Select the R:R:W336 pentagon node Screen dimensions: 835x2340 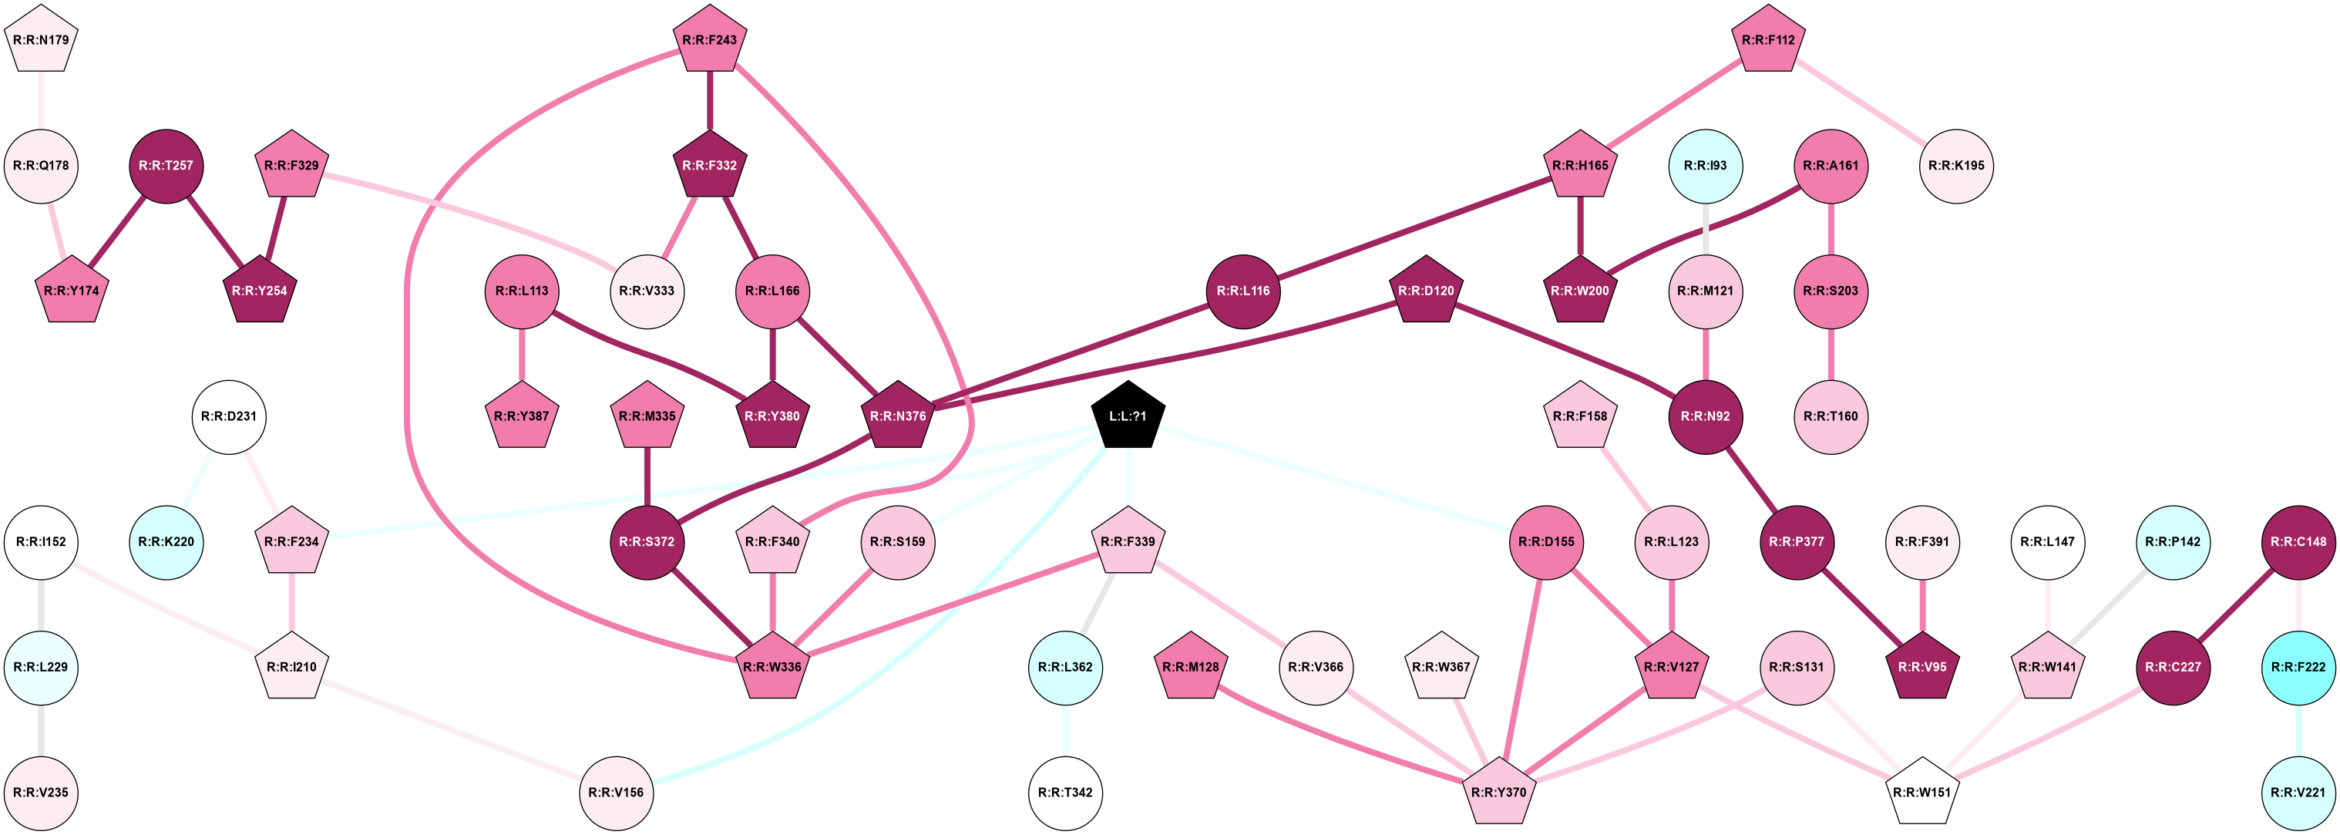click(772, 667)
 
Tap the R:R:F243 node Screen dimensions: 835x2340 click(709, 40)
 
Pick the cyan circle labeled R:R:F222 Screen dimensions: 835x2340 click(2298, 667)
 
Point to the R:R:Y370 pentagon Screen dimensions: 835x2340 click(1498, 793)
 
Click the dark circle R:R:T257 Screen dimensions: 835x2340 click(166, 167)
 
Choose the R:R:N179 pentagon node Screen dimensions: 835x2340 click(41, 40)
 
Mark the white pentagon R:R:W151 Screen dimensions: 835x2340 click(1922, 793)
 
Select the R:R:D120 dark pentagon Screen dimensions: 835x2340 click(1425, 291)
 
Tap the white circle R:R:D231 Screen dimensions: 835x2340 click(229, 416)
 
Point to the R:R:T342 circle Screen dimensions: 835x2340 click(1065, 793)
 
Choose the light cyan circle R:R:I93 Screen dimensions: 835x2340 click(1705, 167)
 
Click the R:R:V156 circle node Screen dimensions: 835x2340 click(616, 793)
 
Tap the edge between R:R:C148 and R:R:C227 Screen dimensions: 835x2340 click(2235, 604)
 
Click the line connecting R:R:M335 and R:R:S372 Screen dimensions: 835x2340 click(647, 478)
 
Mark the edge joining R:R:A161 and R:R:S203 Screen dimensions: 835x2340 click(1831, 228)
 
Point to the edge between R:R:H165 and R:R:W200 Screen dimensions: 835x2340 click(1580, 228)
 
